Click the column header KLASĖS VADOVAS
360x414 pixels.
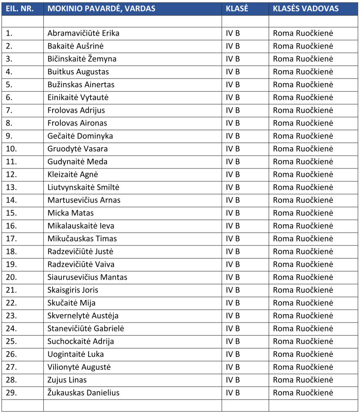tap(306, 9)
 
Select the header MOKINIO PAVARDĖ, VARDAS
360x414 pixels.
tap(101, 9)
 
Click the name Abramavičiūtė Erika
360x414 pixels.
tap(83, 33)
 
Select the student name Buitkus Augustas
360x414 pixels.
tap(78, 72)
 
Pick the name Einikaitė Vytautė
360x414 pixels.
tap(78, 97)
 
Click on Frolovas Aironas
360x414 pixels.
tap(77, 123)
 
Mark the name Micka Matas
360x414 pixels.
tap(70, 213)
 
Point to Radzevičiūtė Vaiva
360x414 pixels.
tap(81, 264)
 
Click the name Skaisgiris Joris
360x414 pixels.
tap(72, 290)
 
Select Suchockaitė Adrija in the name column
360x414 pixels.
tap(80, 342)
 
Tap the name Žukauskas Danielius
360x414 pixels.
tap(83, 393)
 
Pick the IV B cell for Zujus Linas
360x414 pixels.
tap(233, 380)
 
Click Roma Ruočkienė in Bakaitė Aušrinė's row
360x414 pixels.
tap(303, 46)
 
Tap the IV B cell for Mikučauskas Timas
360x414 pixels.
tap(233, 239)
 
